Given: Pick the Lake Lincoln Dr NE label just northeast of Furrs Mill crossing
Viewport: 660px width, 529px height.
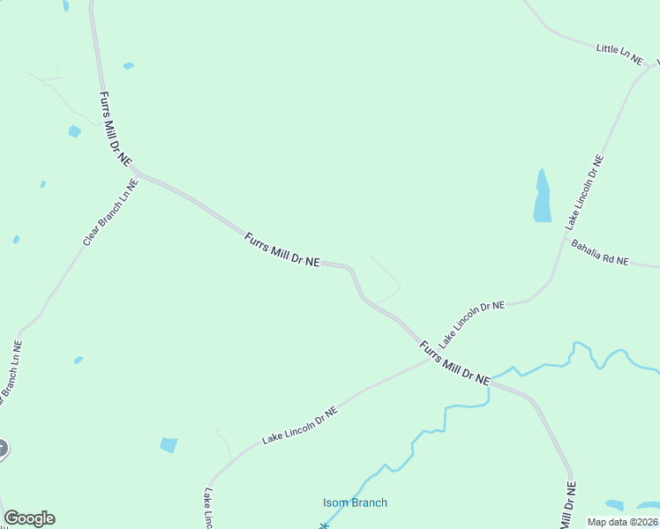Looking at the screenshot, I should pos(472,323).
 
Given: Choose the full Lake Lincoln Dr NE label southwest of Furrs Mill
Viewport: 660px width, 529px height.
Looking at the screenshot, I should pos(300,424).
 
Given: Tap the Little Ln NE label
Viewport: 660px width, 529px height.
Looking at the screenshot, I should pos(619,52).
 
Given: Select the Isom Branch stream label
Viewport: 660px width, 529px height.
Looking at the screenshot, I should pos(355,503).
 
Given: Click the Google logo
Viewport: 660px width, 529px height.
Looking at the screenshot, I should pos(29,518).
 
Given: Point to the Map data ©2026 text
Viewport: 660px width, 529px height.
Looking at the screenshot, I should pos(622,522).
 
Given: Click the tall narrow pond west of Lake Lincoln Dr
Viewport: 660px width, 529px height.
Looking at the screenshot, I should pos(542,196).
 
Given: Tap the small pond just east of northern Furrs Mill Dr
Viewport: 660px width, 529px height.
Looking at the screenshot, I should pos(129,65).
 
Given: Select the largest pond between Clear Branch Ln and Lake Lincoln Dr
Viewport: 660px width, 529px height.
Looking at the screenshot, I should pos(169,445).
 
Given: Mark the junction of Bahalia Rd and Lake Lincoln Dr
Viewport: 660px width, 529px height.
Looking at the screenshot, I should pos(565,235).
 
